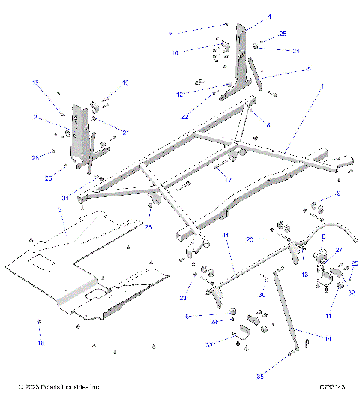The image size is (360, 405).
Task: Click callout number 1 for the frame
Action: click(x=322, y=87)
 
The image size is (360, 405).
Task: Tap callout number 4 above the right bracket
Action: click(x=248, y=16)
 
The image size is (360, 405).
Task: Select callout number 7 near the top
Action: click(x=170, y=34)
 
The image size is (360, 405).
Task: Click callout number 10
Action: click(x=175, y=52)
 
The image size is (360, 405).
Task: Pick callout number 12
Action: click(x=179, y=94)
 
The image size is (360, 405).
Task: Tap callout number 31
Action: click(x=66, y=198)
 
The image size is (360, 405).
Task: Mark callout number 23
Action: click(x=184, y=297)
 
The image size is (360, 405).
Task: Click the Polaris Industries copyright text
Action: click(x=59, y=387)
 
